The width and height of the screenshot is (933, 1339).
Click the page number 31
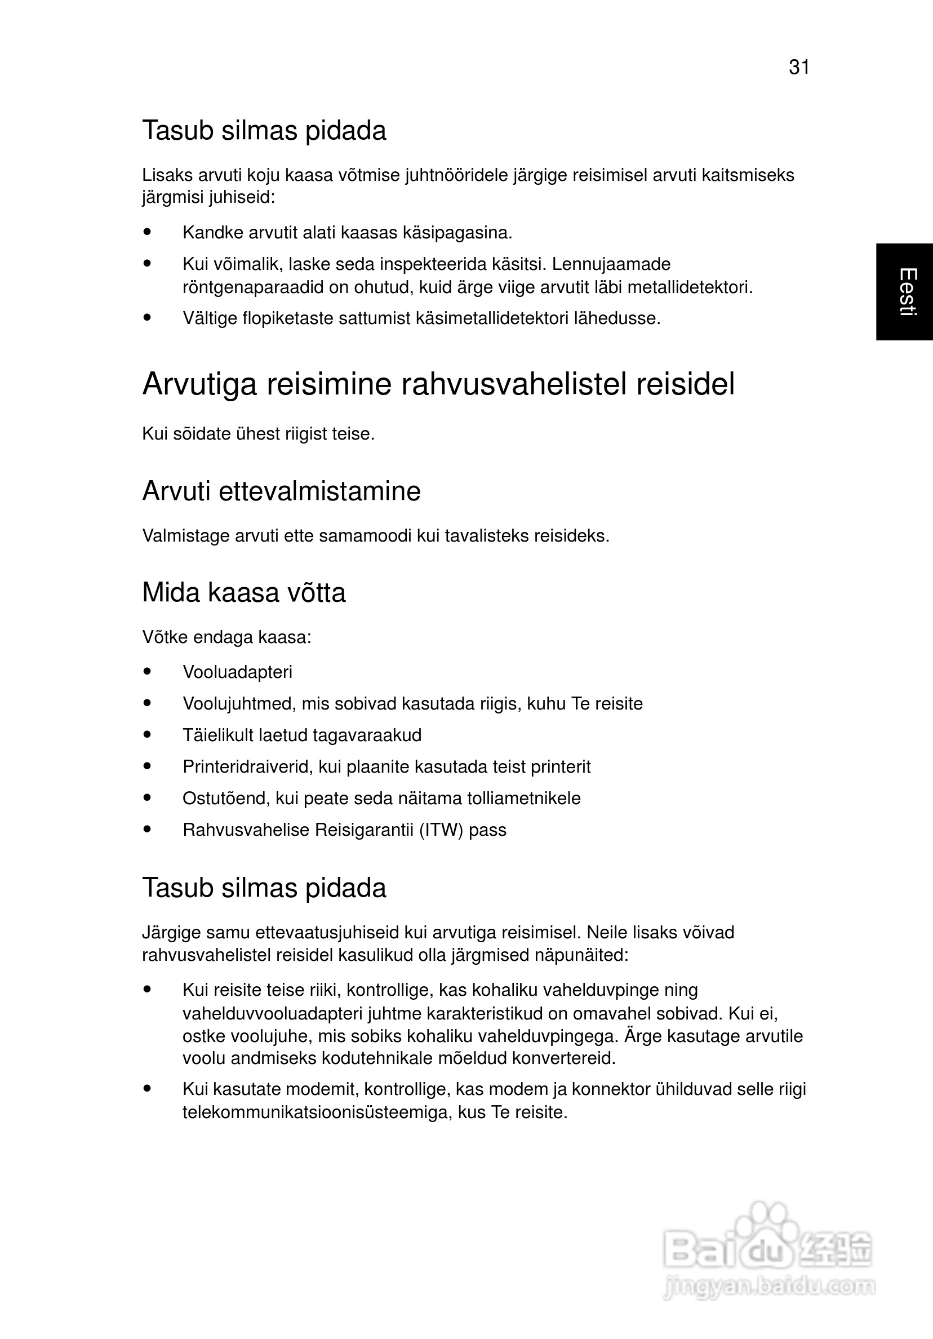tap(799, 68)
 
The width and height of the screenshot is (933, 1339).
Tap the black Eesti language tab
tap(904, 291)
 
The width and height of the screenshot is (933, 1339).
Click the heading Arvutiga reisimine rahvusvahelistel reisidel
tap(438, 384)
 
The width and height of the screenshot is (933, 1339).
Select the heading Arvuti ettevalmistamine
tap(281, 491)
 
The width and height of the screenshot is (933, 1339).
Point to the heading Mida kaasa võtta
tap(244, 592)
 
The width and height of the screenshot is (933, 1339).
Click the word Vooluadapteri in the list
tap(237, 672)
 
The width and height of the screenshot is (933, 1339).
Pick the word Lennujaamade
tap(611, 264)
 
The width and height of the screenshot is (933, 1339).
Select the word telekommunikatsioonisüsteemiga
tap(317, 1112)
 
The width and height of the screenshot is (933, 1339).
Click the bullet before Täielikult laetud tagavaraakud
tap(147, 735)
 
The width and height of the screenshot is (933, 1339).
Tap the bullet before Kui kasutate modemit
tap(147, 1088)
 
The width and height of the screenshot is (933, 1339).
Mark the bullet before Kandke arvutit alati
tap(147, 232)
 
